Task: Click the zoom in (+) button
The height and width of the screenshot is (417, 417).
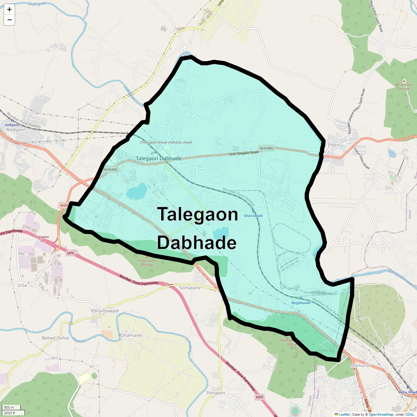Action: point(9,9)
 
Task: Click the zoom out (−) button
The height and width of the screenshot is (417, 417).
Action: point(9,20)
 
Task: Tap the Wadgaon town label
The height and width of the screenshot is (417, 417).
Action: point(16,130)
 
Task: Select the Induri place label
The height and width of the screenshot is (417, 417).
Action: point(334,145)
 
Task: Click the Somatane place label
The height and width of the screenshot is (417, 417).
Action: point(190,288)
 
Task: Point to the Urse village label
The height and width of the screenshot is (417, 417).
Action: point(22,285)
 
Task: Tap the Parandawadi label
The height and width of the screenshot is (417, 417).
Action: point(105,311)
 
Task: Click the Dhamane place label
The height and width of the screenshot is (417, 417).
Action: point(131,335)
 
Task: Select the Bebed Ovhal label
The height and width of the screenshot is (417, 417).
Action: point(56,338)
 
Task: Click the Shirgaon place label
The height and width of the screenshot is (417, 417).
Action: point(215,393)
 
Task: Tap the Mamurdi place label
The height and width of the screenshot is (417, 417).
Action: point(360,366)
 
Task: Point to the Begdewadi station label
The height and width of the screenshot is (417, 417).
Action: point(301,303)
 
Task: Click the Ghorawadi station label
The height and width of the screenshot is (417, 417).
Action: point(253,216)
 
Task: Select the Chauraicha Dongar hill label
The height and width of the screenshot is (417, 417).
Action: point(147,263)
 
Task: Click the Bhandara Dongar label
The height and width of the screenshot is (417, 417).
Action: point(404,87)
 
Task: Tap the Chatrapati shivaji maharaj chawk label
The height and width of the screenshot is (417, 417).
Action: point(166,142)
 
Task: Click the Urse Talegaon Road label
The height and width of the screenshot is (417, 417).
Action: point(244,153)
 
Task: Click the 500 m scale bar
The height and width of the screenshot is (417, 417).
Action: point(9,407)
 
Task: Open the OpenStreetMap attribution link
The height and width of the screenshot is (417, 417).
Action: point(381,414)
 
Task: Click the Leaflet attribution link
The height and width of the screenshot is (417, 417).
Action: point(344,414)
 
